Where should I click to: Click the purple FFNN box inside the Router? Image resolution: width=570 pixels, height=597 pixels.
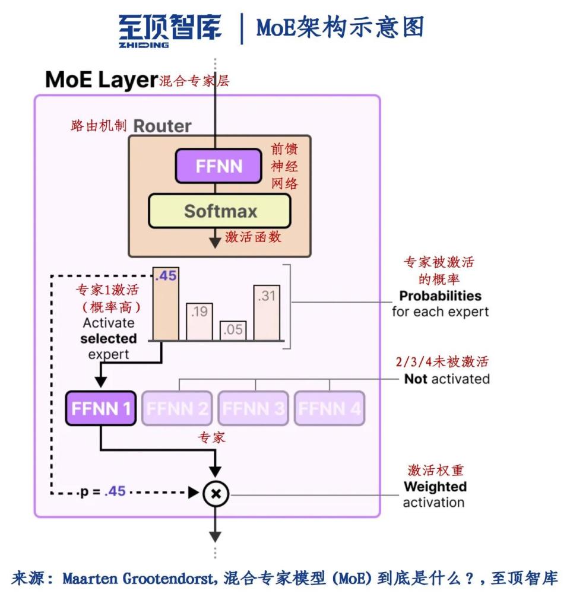pos(218,166)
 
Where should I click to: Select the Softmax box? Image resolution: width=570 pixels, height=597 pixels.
pos(220,211)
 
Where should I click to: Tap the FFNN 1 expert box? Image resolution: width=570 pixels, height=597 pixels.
pos(100,408)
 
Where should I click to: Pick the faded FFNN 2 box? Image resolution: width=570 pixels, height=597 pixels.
pos(177,408)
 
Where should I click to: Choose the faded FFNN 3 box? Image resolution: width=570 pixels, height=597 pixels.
pos(254,408)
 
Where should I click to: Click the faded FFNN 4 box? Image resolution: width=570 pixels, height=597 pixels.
pos(330,408)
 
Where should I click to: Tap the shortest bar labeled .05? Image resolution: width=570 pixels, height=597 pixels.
pos(233,331)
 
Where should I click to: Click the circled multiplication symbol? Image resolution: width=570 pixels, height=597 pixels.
pos(216,493)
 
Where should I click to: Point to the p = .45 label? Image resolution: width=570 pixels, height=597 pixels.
pos(103,492)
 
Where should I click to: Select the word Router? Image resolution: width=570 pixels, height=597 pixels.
pos(162,126)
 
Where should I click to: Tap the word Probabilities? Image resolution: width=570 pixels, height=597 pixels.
pos(440,296)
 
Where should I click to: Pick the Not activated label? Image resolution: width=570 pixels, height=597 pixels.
pos(446,379)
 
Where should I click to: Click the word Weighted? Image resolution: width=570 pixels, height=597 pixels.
pos(435,487)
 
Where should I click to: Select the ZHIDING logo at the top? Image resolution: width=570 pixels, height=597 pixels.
pos(170,30)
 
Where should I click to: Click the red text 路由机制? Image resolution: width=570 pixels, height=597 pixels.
pos(98,126)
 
